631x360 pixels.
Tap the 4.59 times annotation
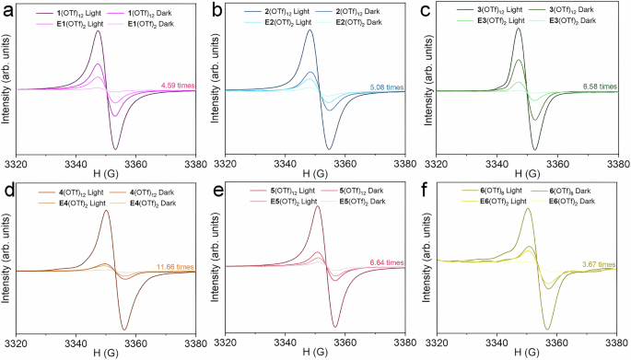pos(174,85)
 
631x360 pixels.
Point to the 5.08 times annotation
pos(385,87)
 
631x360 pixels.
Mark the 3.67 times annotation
pos(596,264)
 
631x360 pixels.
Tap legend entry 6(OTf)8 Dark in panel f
pos(582,190)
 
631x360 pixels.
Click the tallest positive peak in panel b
pos(310,30)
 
